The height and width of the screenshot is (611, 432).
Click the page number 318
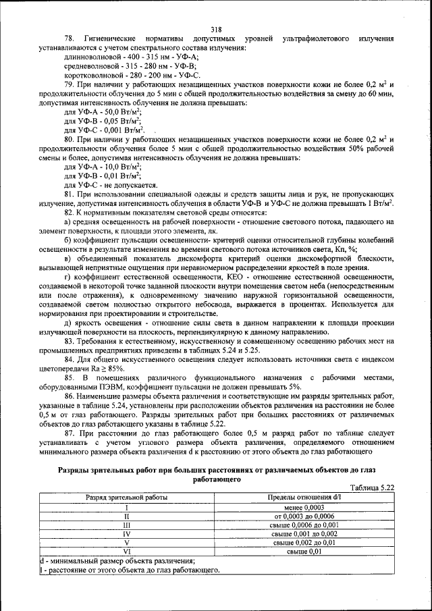(x=216, y=29)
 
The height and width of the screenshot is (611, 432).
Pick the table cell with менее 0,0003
(x=304, y=507)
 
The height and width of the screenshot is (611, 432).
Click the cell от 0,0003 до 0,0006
(x=304, y=516)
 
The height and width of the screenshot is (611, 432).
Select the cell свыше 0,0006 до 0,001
(x=304, y=525)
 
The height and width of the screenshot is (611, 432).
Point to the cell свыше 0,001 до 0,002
(x=304, y=533)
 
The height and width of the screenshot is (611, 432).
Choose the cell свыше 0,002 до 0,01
(x=304, y=542)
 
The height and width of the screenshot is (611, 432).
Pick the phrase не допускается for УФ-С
(x=129, y=184)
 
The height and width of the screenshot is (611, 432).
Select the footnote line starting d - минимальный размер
(x=117, y=561)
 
